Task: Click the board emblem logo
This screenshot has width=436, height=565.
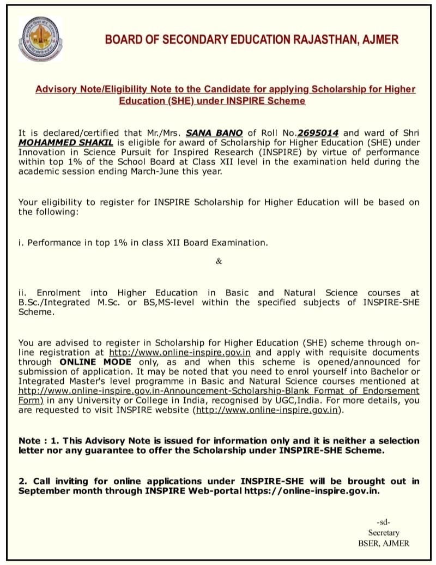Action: tap(40, 39)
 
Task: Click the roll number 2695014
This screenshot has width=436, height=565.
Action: tap(318, 133)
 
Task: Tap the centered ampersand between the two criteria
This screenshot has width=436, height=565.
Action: tap(219, 261)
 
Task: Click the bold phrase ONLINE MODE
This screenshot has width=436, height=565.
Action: tap(95, 362)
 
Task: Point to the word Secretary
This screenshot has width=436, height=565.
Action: tap(383, 532)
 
